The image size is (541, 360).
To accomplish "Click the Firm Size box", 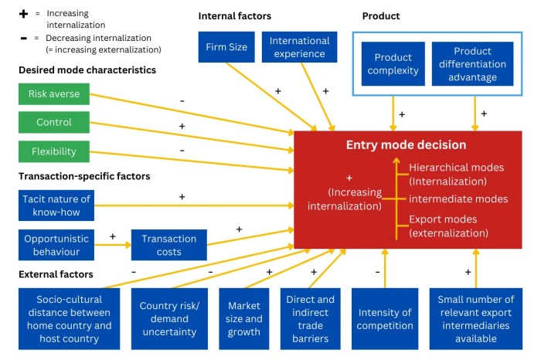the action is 226,47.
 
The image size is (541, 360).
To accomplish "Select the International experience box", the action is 300,47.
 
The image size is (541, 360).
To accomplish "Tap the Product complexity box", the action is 393,64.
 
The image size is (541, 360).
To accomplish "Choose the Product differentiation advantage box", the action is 472,64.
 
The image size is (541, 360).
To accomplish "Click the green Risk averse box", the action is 54,93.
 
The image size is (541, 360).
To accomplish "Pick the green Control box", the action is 54,122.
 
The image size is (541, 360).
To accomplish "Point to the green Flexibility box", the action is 54,151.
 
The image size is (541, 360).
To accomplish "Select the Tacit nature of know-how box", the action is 56,205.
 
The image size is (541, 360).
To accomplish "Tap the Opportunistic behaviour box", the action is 56,245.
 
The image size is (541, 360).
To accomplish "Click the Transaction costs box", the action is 169,245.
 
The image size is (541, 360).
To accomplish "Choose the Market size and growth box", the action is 244,319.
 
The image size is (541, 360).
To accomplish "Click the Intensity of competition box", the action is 385,319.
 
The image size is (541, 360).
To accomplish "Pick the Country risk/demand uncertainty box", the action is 169,319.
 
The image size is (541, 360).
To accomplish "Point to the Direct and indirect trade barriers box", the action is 310,319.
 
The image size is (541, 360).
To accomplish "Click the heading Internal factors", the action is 235,16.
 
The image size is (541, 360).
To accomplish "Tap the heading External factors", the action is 56,274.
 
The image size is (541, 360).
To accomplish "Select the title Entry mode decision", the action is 406,144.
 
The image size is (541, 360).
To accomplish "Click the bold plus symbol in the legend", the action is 23,14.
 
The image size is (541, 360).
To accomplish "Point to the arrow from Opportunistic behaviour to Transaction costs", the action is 113,245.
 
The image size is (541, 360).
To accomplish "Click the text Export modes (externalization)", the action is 448,226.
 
